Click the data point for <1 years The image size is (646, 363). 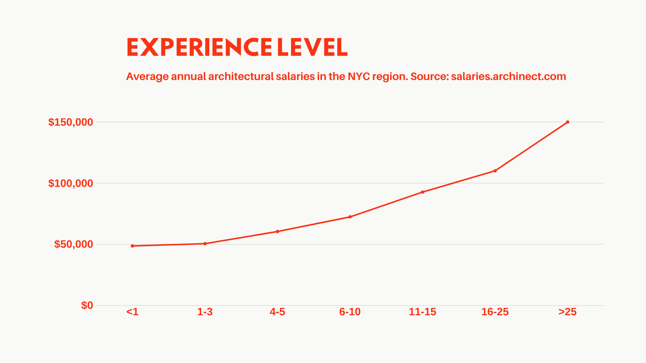tap(133, 246)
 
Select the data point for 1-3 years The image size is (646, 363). tap(205, 244)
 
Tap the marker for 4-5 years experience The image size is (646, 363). tap(278, 232)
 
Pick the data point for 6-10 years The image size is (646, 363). tap(350, 217)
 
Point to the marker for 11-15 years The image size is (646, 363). tap(423, 192)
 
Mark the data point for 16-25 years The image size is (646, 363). tap(495, 171)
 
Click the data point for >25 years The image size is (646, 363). tap(568, 122)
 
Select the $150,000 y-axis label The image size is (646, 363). tap(71, 122)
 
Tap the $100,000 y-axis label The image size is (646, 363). tap(71, 183)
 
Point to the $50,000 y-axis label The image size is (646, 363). tap(73, 244)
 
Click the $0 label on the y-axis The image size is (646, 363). tap(87, 305)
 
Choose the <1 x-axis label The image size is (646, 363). tap(133, 312)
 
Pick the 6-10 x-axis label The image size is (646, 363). tap(350, 312)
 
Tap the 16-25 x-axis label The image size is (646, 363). tap(495, 312)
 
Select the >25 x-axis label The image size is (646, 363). tap(568, 312)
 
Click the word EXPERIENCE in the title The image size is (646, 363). tap(199, 47)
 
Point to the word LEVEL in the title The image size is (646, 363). tap(312, 47)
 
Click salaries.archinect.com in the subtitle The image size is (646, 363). tap(508, 77)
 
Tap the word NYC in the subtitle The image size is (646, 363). tap(359, 77)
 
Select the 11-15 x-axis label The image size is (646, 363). tap(423, 312)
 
